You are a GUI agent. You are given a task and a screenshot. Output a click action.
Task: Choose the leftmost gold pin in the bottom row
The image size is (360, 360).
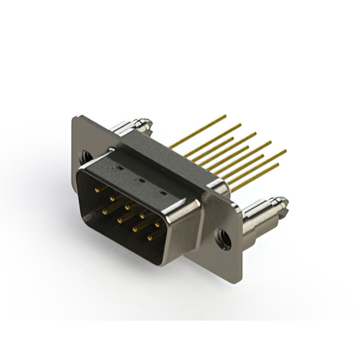click(104, 211)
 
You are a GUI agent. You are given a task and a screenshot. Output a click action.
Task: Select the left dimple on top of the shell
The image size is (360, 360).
click(120, 167)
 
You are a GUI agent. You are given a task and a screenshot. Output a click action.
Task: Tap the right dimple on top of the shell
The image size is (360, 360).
click(163, 193)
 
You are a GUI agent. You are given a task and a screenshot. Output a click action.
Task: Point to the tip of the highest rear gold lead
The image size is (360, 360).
click(225, 116)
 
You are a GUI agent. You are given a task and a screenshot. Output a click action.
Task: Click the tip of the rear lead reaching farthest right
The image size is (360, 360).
click(285, 151)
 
